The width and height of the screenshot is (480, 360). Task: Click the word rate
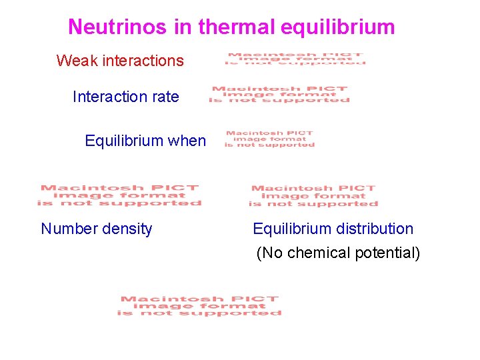(x=165, y=97)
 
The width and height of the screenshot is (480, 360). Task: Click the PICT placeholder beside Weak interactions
(x=296, y=59)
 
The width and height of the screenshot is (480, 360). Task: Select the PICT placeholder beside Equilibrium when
(x=269, y=139)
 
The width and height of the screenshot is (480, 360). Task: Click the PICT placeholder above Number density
(x=119, y=195)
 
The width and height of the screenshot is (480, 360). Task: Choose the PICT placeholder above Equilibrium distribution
(x=313, y=196)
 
